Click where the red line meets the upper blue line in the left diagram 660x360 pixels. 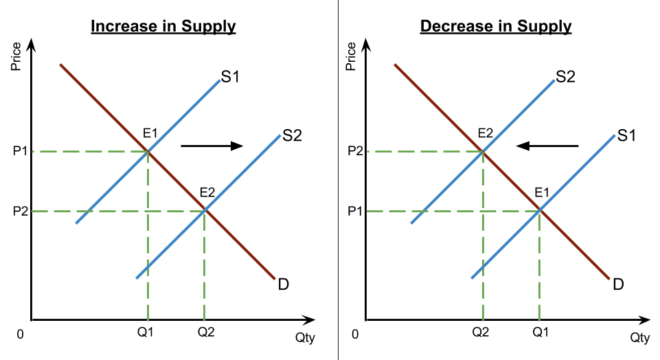click(148, 151)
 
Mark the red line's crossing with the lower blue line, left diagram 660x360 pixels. click(205, 210)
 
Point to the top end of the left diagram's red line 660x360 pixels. click(60, 65)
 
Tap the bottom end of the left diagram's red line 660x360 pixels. click(275, 279)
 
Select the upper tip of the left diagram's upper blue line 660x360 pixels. click(220, 80)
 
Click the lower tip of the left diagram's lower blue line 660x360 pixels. click(137, 278)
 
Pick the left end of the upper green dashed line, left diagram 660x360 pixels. click(32, 151)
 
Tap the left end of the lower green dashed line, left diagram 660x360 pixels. click(32, 211)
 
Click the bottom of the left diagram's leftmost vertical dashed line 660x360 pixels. click(148, 321)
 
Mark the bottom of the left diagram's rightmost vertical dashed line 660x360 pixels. click(204, 321)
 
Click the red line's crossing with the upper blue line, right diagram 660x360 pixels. click(483, 151)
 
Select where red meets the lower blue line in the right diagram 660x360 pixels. click(540, 210)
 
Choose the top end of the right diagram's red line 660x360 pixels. click(395, 65)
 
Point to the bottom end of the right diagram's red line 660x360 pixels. click(609, 279)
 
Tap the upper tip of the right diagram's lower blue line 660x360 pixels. click(615, 135)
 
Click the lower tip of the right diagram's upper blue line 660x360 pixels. click(411, 223)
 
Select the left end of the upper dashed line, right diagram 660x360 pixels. click(367, 151)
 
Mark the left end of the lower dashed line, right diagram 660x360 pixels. click(367, 211)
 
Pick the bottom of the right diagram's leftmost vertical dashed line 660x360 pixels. click(483, 321)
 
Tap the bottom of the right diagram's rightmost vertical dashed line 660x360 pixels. click(539, 321)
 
